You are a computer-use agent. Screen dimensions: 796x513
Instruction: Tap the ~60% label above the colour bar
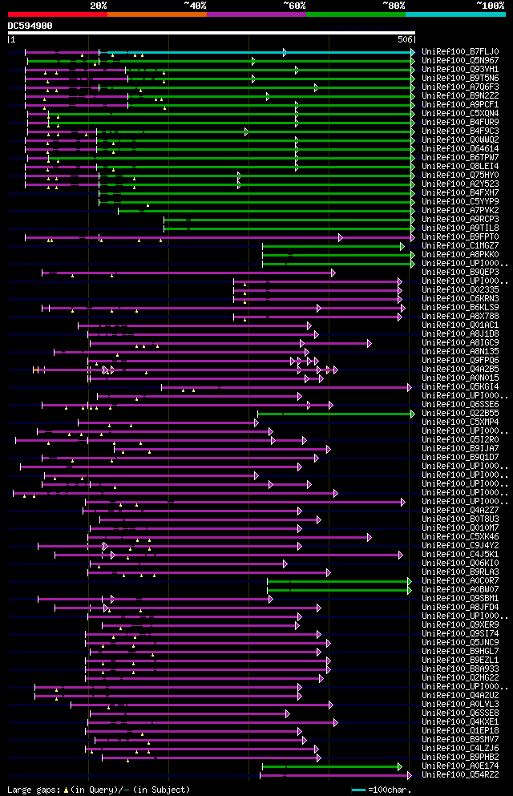pos(294,5)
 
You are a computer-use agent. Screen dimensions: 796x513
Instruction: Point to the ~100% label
pos(490,5)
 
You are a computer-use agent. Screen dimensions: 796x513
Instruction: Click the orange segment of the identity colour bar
pos(156,14)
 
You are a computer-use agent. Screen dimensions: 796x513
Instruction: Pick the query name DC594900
pos(30,26)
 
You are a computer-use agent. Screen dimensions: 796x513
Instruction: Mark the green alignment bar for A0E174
pos(332,766)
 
